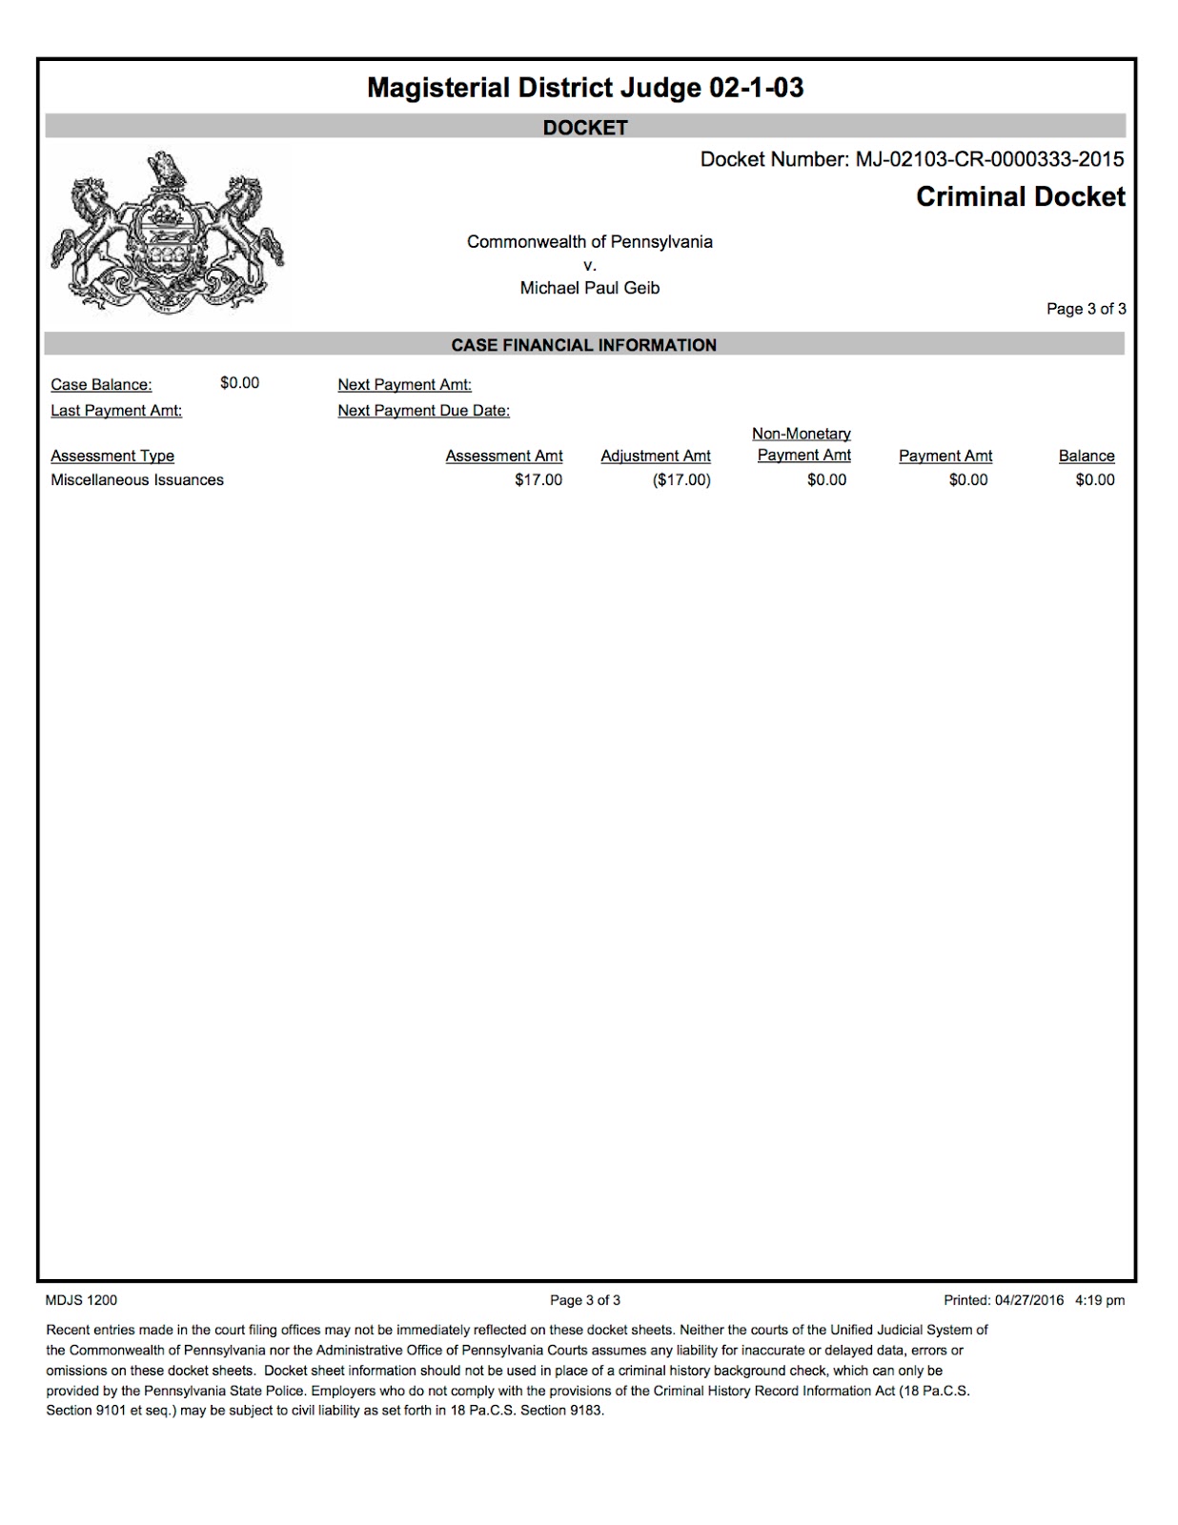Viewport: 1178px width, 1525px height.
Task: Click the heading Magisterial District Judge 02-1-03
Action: tap(585, 89)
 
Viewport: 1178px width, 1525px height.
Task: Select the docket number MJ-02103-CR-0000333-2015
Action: tap(989, 159)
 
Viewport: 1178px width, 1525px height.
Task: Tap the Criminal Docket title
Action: tap(1020, 197)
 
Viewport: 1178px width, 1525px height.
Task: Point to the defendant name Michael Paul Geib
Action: tap(589, 288)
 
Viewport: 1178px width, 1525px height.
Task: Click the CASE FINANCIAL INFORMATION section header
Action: tap(583, 345)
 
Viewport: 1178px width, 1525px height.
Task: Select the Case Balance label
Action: tap(101, 385)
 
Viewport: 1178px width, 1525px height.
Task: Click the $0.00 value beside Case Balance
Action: tap(239, 383)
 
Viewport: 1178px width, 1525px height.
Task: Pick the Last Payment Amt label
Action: tap(116, 411)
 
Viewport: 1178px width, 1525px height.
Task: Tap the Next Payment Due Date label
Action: tap(423, 411)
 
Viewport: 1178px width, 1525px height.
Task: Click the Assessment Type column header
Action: tap(112, 457)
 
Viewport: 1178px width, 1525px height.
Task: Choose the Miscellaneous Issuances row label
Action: tap(137, 480)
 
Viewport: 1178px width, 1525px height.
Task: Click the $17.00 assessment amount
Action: tap(538, 480)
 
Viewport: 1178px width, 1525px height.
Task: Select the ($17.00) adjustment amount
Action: tap(681, 480)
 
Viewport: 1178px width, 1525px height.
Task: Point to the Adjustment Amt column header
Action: tap(656, 457)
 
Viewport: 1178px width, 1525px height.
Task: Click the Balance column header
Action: tap(1087, 457)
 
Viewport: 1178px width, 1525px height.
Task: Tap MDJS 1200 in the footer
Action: tap(82, 1300)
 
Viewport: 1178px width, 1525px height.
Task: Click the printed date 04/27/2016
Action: tap(1029, 1300)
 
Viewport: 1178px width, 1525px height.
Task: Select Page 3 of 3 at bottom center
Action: tap(585, 1300)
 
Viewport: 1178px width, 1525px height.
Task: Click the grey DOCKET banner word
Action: tap(585, 128)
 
